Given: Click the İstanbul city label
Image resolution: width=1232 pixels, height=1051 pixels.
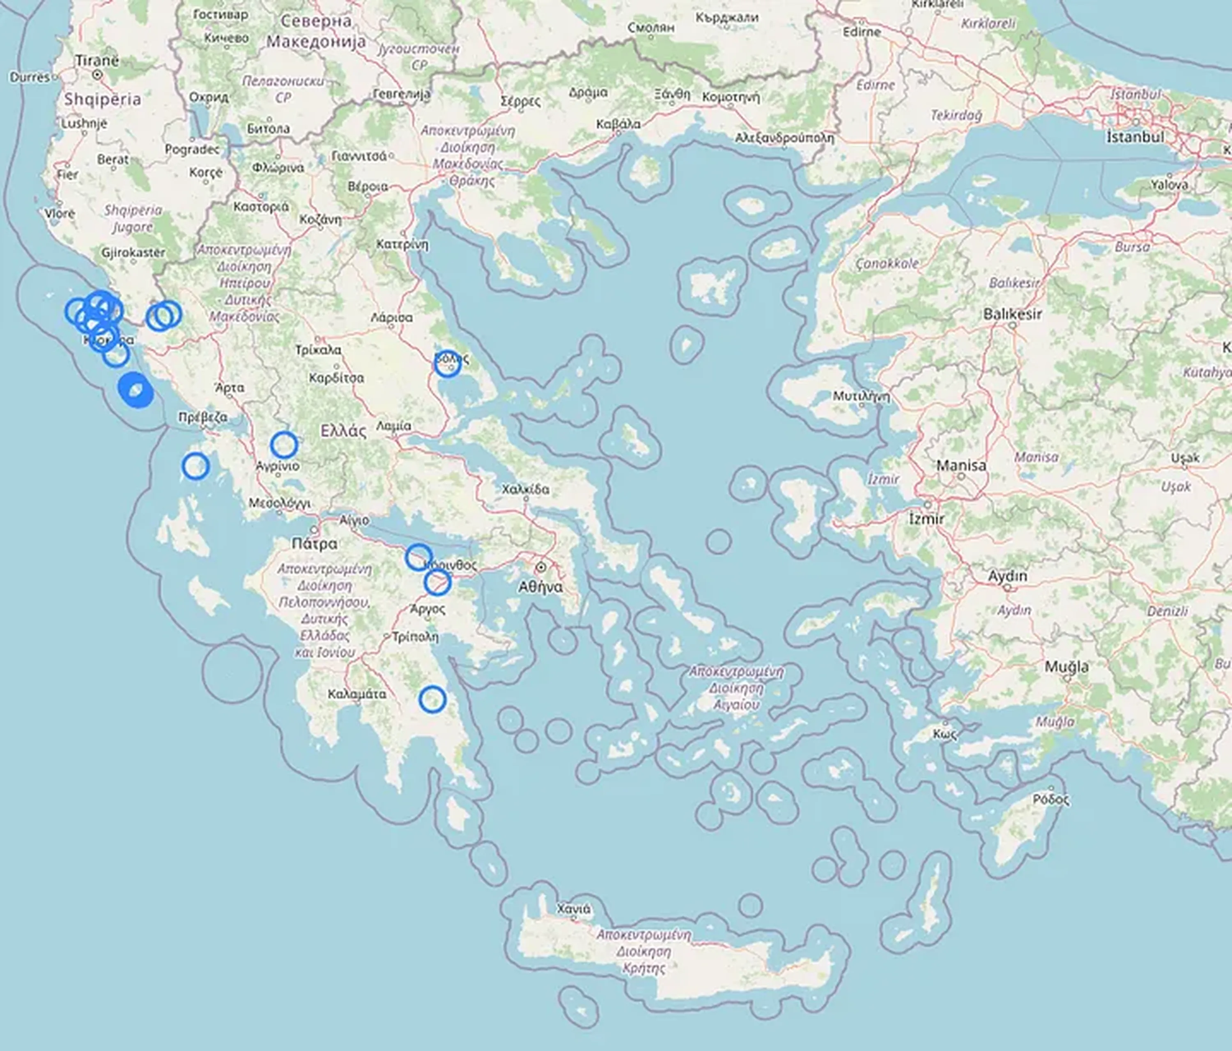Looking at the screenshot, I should click(x=1135, y=136).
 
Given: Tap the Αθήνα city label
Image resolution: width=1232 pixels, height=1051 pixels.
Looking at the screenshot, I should click(x=540, y=587).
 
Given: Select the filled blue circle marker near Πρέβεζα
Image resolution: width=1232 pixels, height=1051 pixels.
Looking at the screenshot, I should click(x=136, y=391).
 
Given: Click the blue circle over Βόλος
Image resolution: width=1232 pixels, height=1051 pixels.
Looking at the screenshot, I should click(x=447, y=364).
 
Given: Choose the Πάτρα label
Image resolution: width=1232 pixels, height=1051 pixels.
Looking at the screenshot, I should click(x=315, y=543).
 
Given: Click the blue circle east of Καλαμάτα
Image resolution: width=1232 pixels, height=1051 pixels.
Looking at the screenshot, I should click(x=432, y=699).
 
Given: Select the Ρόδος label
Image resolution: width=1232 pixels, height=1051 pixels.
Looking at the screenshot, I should click(x=1050, y=800).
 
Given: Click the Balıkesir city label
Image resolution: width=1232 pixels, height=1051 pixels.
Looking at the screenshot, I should click(x=1012, y=313).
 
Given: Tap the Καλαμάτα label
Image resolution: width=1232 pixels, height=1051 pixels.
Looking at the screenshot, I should click(x=357, y=694).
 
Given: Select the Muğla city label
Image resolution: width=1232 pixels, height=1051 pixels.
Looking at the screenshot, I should click(x=1067, y=667).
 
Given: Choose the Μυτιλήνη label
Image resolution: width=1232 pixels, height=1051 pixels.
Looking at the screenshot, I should click(x=861, y=396).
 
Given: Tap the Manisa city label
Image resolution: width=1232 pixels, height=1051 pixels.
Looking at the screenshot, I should click(x=961, y=465).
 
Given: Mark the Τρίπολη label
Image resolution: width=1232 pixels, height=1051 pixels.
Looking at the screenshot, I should click(x=415, y=637).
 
